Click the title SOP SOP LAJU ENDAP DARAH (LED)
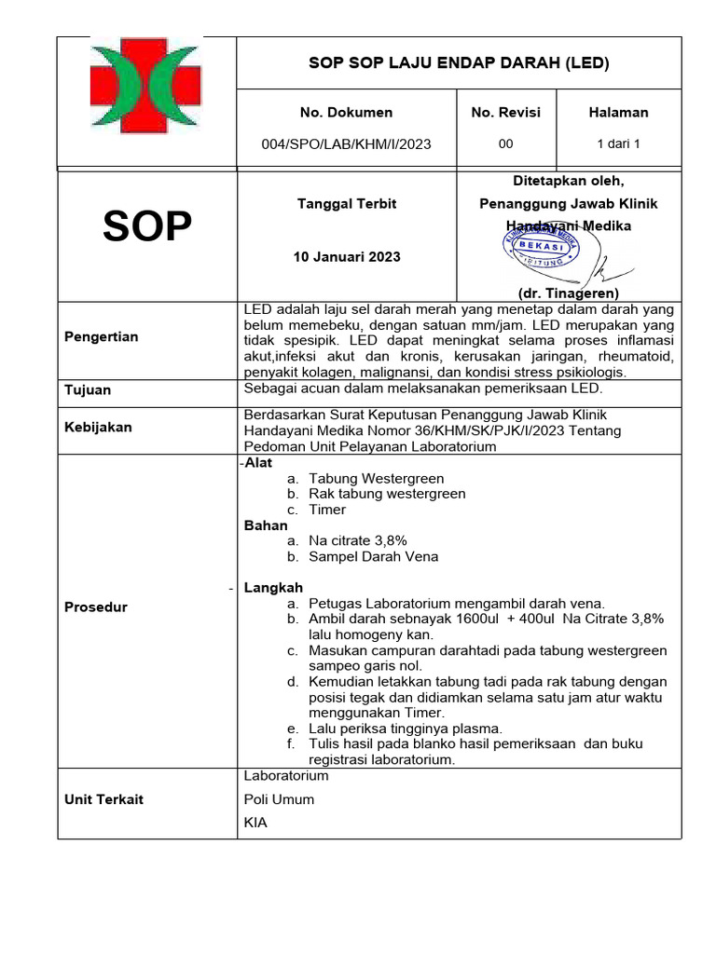[x=459, y=63]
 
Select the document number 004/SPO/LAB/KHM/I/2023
[x=346, y=144]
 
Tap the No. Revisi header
[x=505, y=113]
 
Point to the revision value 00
[x=505, y=144]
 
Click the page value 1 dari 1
[x=618, y=144]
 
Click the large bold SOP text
[x=147, y=226]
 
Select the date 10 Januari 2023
[x=346, y=257]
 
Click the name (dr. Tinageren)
[x=568, y=293]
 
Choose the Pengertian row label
[x=101, y=337]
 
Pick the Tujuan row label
[x=87, y=391]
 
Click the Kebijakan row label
[x=98, y=428]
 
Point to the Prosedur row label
[x=95, y=607]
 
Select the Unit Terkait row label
[x=103, y=799]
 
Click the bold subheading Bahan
[x=266, y=525]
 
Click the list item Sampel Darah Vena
[x=373, y=557]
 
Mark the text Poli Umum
[x=279, y=799]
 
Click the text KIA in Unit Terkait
[x=255, y=823]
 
